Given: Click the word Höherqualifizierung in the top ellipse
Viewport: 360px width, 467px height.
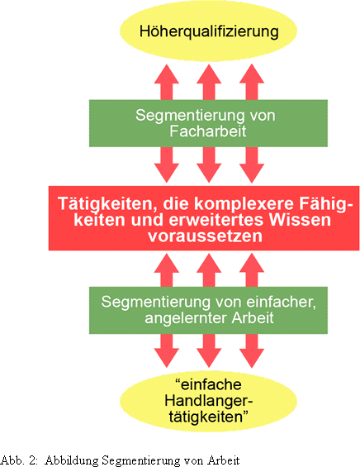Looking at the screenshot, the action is pyautogui.click(x=209, y=31).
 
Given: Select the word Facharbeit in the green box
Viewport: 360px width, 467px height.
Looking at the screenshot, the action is pyautogui.click(x=208, y=131).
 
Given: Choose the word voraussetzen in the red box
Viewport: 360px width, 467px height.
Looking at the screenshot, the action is pyautogui.click(x=206, y=236).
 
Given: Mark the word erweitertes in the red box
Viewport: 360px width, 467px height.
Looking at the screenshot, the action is pyautogui.click(x=216, y=220).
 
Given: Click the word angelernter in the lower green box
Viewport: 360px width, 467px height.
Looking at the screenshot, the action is pyautogui.click(x=186, y=318).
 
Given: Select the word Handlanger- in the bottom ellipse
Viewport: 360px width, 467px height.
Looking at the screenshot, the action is pyautogui.click(x=209, y=401).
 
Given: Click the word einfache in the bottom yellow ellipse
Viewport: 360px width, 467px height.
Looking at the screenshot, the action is pyautogui.click(x=208, y=384).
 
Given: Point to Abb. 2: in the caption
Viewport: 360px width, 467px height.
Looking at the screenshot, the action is pyautogui.click(x=19, y=460).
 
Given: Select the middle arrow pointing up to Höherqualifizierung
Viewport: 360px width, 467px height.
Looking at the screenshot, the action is pyautogui.click(x=209, y=82).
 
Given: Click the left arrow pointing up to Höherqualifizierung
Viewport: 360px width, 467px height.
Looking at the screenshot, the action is pyautogui.click(x=167, y=82).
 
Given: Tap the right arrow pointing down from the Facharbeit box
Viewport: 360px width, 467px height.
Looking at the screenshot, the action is pyautogui.click(x=252, y=164).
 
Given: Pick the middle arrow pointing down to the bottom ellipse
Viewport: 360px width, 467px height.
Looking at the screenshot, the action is pyautogui.click(x=209, y=350).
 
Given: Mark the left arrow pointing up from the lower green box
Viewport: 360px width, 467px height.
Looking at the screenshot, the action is pyautogui.click(x=167, y=270).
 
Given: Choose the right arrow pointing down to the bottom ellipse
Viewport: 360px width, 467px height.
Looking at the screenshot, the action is pyautogui.click(x=252, y=350).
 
